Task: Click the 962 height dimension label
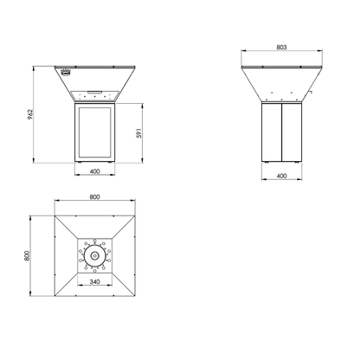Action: [31, 114]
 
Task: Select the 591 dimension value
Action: [138, 133]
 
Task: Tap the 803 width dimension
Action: [281, 48]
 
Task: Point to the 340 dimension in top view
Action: [94, 281]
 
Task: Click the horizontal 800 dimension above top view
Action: [94, 197]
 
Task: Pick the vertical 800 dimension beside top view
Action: [27, 256]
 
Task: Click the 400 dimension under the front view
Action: [94, 171]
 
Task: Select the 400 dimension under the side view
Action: [281, 176]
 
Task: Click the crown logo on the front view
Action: [66, 73]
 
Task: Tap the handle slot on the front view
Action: [94, 92]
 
